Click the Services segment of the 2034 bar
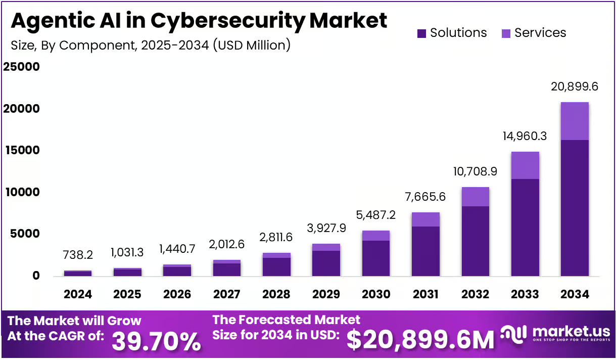click(574, 121)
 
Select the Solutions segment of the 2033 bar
click(525, 228)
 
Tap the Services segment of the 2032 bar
click(475, 197)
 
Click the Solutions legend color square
click(422, 33)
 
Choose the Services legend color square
click(506, 33)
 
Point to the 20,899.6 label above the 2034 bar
click(574, 86)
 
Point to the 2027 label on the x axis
click(227, 294)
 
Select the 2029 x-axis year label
click(326, 294)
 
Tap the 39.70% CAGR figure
click(156, 341)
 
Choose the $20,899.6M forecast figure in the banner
click(420, 340)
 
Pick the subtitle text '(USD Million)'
click(252, 46)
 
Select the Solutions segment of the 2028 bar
click(276, 267)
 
